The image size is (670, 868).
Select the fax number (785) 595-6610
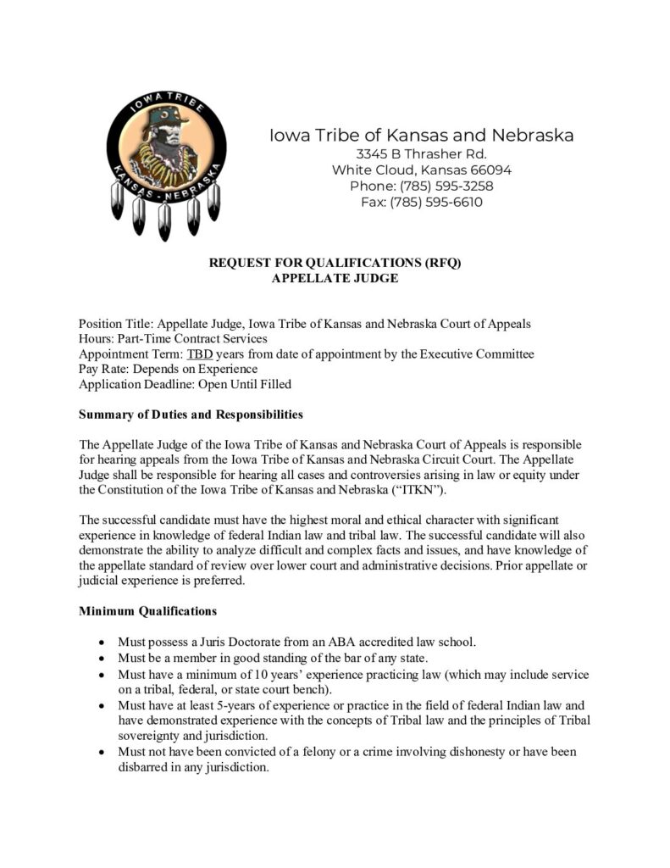(436, 203)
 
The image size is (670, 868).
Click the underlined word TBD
(200, 353)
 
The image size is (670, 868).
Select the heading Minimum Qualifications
(147, 610)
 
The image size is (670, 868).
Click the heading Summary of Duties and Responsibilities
(191, 415)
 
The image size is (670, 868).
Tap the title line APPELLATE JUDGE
(335, 278)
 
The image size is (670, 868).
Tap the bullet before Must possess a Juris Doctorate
(102, 643)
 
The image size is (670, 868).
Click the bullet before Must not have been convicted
(102, 752)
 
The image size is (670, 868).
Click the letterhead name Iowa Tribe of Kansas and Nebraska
(421, 135)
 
